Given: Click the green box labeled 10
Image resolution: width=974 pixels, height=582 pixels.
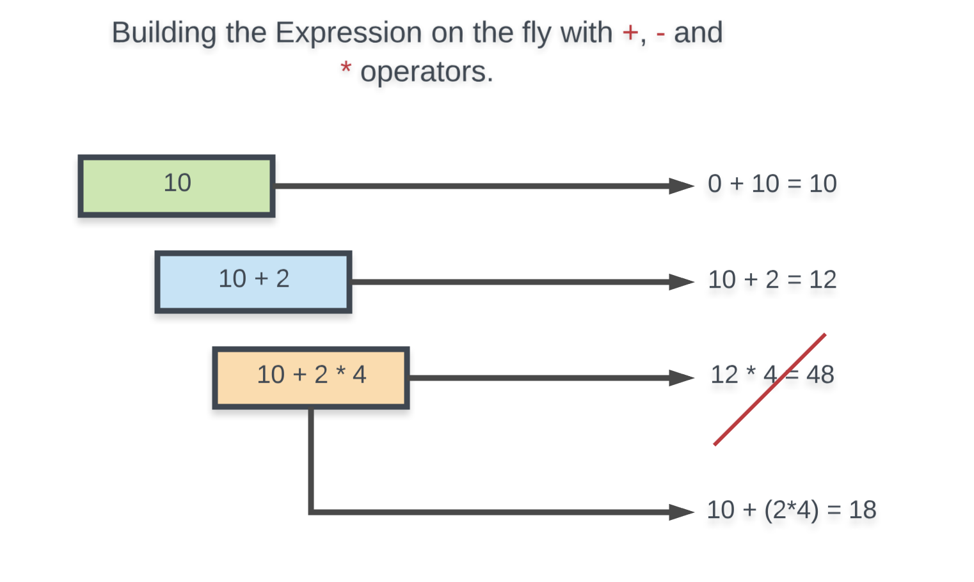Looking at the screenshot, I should pos(177,186).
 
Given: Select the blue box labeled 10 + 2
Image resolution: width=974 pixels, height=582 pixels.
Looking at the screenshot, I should pos(253,281).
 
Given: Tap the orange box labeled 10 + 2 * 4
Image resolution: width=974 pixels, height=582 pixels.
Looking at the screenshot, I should pos(311,377).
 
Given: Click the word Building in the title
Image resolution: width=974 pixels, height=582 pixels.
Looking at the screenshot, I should pos(164,33).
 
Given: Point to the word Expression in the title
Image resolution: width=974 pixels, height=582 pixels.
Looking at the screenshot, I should pos(348,33).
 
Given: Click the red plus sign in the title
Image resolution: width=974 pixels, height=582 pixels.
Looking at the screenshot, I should pos(630,33).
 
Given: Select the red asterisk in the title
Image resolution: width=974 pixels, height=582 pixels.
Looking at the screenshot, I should pos(346,68).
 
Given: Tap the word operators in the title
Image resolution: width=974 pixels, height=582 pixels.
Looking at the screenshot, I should pos(426,72).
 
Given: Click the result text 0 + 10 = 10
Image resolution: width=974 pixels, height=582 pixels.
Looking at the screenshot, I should pos(772,184).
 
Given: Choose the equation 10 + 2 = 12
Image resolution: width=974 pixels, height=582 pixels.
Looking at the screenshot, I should pos(772,280).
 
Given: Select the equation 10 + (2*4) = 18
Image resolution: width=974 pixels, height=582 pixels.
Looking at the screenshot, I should pos(791,510).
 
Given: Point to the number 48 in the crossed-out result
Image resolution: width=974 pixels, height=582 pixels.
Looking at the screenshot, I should pos(820,375).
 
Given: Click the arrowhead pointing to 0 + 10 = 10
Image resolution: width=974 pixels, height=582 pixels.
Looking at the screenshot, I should pos(681,186).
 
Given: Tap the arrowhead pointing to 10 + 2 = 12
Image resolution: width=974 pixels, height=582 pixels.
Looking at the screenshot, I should pos(681,282).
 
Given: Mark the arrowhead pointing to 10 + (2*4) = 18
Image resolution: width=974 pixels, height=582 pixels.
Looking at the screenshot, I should pos(681,512).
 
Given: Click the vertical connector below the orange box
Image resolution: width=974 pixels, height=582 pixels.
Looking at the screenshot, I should pos(311,460).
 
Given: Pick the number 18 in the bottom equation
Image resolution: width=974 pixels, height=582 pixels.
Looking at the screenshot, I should pos(862,510).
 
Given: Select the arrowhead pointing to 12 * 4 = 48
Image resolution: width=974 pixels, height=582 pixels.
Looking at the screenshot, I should pos(681,378).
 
